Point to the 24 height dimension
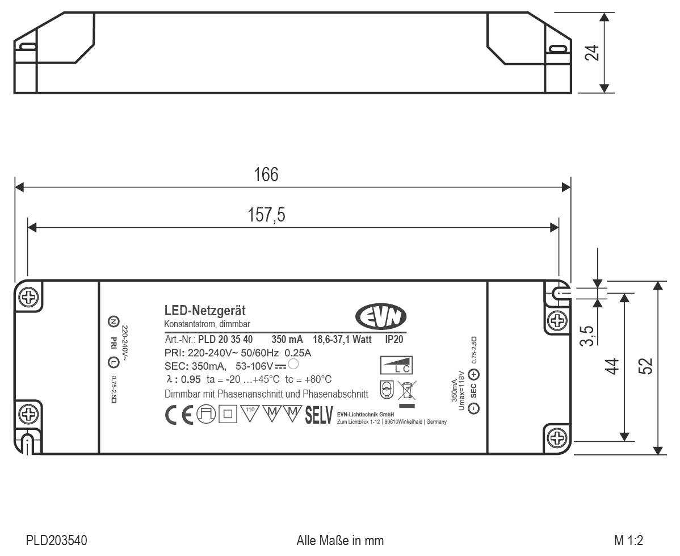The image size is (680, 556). [x=591, y=52]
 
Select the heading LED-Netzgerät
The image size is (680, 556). [x=204, y=311]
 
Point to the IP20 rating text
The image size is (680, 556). [x=394, y=340]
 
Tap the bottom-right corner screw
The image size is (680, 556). [x=557, y=437]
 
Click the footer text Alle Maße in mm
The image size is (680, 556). [x=340, y=540]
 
